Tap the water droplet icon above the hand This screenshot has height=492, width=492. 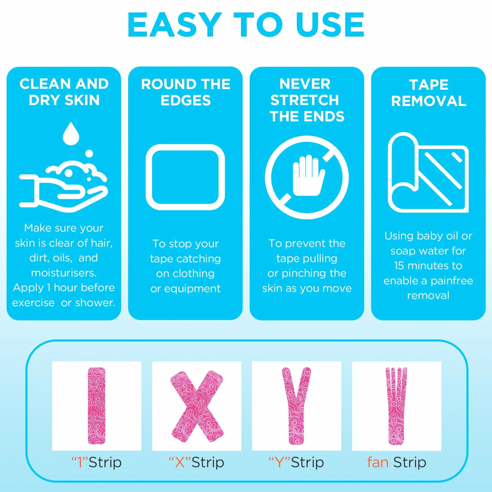(x=71, y=134)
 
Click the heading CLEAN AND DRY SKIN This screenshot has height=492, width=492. (x=64, y=92)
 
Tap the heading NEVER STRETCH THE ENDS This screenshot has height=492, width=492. (x=307, y=100)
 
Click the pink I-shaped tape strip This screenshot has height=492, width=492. (x=96, y=406)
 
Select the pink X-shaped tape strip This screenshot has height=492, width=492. (x=197, y=406)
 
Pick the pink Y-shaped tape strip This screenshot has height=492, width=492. (x=296, y=406)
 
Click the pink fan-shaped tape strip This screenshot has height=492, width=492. (x=397, y=406)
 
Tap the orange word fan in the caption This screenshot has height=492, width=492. (x=378, y=462)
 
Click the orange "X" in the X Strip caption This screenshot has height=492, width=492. (x=180, y=462)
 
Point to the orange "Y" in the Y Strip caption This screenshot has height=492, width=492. (x=279, y=462)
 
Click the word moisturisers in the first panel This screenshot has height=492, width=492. (x=64, y=273)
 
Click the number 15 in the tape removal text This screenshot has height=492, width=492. (x=399, y=266)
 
